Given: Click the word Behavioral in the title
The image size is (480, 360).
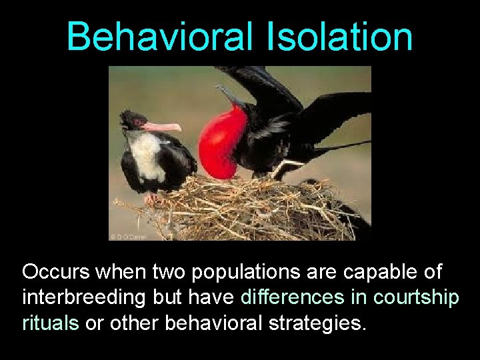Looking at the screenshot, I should click(x=159, y=37).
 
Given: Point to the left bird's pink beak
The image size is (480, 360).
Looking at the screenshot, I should click(x=162, y=126).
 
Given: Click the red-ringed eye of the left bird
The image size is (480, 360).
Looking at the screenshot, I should click(x=138, y=121).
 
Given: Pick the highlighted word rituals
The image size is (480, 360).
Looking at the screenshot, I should click(x=50, y=323).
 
